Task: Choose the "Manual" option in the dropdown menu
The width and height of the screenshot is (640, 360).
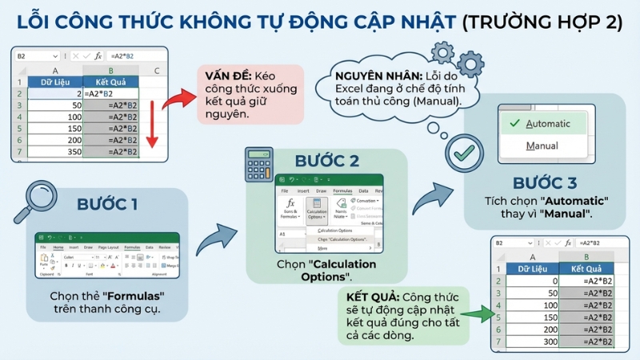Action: click(542, 146)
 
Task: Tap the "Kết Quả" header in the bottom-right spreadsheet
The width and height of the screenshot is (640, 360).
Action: click(586, 269)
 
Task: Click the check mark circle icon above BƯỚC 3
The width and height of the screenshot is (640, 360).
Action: click(462, 151)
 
